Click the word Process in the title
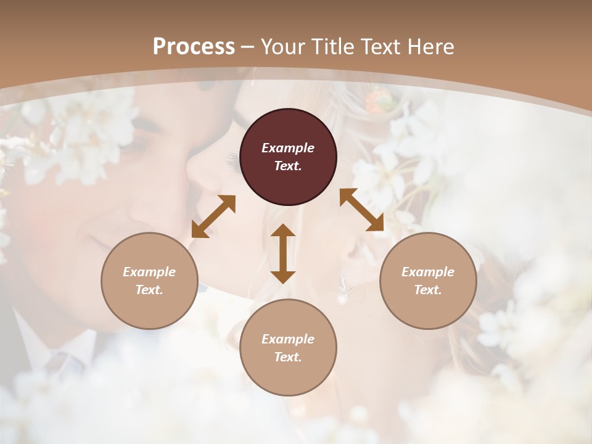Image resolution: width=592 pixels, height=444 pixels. pyautogui.click(x=194, y=47)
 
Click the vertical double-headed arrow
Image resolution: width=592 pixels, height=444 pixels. pyautogui.click(x=283, y=253)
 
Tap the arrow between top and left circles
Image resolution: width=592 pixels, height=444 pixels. pyautogui.click(x=213, y=216)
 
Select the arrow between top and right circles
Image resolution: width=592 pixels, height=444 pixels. pyautogui.click(x=361, y=210)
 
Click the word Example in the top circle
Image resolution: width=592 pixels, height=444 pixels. pyautogui.click(x=288, y=148)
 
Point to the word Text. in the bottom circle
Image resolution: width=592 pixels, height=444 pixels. pyautogui.click(x=288, y=357)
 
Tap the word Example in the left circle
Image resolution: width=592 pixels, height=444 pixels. pyautogui.click(x=149, y=272)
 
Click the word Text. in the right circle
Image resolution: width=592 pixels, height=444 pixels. pyautogui.click(x=428, y=290)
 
